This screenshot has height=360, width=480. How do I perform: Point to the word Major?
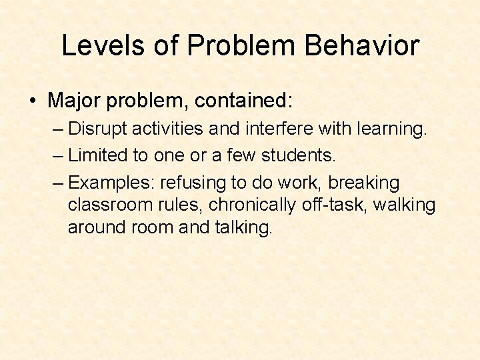(74, 101)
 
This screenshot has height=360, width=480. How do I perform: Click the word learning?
(389, 129)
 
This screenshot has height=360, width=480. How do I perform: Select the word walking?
(404, 205)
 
